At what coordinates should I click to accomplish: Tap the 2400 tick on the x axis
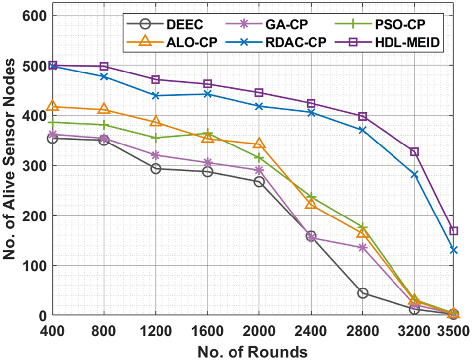(x=311, y=330)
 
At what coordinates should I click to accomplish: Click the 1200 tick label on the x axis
(x=156, y=330)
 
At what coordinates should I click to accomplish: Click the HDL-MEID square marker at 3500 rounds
(x=453, y=231)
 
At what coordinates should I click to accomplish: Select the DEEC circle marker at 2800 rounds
(x=363, y=293)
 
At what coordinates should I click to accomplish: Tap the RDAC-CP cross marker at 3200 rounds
(x=414, y=174)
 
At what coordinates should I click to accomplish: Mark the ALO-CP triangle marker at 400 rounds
(x=52, y=106)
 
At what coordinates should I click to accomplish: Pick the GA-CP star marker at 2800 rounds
(x=363, y=248)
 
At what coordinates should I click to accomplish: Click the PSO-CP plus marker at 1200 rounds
(x=156, y=138)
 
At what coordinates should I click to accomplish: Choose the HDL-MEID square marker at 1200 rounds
(x=156, y=79)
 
